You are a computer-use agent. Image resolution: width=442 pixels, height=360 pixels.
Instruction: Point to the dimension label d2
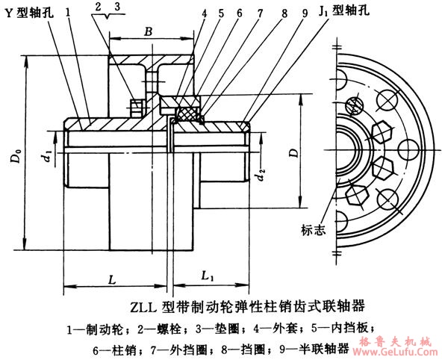coord(261,177)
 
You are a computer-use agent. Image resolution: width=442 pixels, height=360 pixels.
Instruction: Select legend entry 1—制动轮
coord(96,327)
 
